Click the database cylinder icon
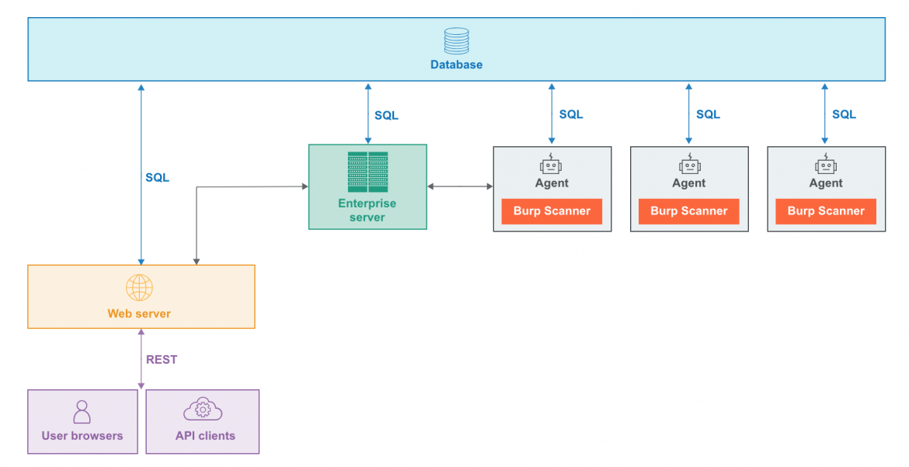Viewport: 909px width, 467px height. (456, 41)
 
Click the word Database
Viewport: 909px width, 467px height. (456, 64)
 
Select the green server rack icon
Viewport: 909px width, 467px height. (367, 172)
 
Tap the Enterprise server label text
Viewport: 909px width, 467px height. (367, 210)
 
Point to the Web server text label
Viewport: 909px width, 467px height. (139, 314)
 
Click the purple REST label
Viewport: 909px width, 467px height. (162, 359)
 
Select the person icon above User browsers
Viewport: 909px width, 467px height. (82, 412)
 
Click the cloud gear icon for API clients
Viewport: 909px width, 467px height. (203, 409)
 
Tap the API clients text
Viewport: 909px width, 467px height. (205, 436)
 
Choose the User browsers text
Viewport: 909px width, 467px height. (82, 436)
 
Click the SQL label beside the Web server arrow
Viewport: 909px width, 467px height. (157, 177)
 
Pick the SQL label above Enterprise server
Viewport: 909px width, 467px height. (386, 115)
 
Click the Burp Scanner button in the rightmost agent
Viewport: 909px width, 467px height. (826, 211)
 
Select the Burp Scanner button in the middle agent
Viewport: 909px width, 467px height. (689, 211)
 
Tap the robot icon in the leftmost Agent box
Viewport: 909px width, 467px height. (551, 164)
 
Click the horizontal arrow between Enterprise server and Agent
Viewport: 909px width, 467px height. (460, 186)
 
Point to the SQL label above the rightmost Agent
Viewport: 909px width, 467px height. (844, 114)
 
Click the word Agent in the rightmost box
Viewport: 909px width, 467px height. (826, 183)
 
